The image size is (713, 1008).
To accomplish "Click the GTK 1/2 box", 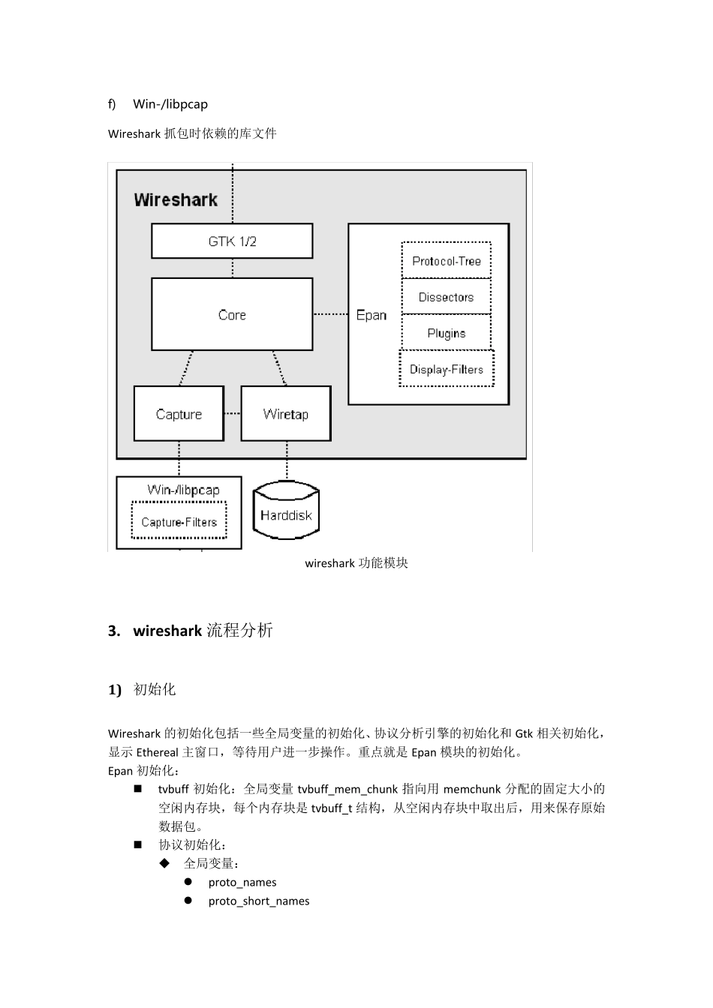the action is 232,241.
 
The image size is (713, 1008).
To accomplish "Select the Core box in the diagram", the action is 232,314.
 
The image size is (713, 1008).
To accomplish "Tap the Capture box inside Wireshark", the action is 179,414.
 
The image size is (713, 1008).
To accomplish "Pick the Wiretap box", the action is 285,414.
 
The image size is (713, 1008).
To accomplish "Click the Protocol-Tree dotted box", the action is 446,261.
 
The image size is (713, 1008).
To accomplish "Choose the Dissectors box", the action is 446,297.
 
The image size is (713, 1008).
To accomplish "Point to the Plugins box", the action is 446,333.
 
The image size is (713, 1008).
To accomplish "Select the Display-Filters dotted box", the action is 446,369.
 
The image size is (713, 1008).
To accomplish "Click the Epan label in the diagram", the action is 372,315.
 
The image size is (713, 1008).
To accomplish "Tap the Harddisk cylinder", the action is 286,514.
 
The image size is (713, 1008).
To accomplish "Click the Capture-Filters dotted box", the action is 179,522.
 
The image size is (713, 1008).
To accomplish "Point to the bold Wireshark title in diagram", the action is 176,199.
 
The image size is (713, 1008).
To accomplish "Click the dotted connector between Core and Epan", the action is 330,313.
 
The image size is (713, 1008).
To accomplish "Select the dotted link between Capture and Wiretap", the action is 232,413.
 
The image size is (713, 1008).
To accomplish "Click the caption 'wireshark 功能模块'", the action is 356,563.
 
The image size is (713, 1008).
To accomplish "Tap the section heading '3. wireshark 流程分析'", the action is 191,631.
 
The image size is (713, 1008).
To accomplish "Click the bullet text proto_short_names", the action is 259,901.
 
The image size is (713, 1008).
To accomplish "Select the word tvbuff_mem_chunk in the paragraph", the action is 347,789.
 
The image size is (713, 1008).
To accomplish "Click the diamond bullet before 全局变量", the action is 165,863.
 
